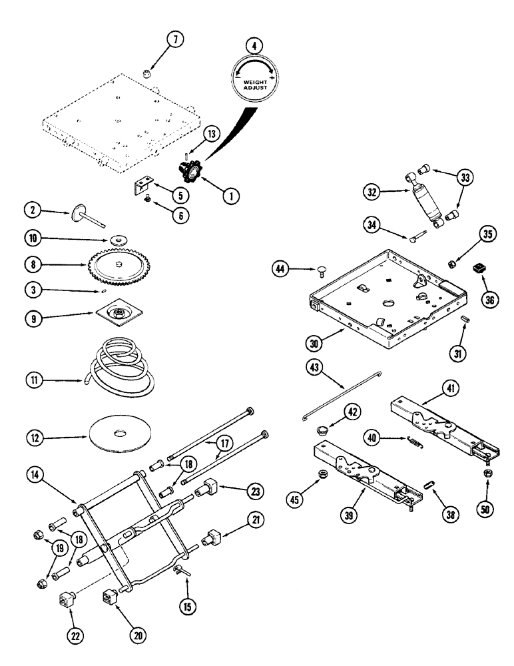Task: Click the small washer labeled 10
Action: pos(120,238)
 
